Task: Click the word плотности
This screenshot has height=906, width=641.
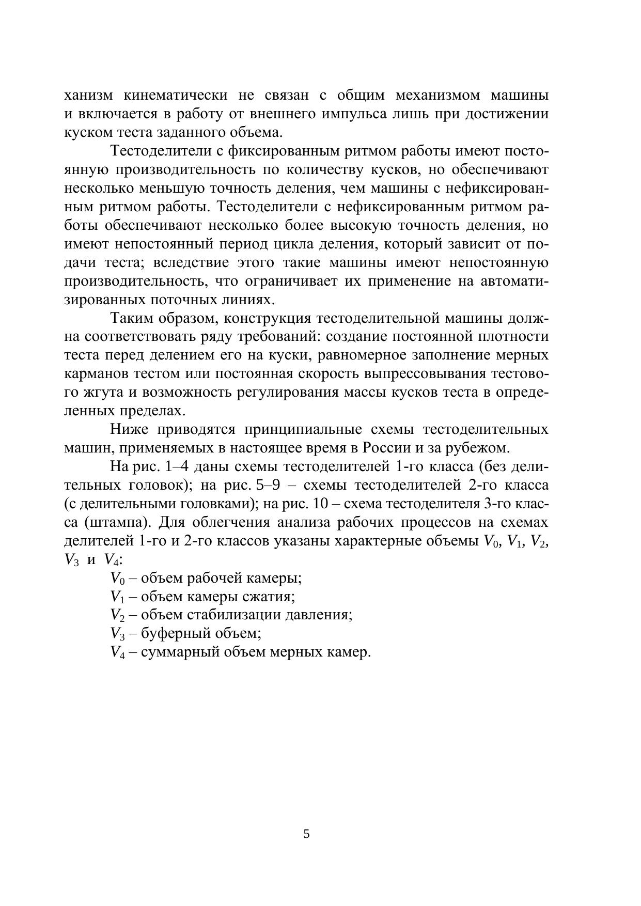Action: pos(517,337)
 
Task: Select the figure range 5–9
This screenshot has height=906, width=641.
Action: pos(268,486)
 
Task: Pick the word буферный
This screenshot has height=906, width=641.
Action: pos(174,634)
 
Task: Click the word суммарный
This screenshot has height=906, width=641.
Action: pos(180,652)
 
